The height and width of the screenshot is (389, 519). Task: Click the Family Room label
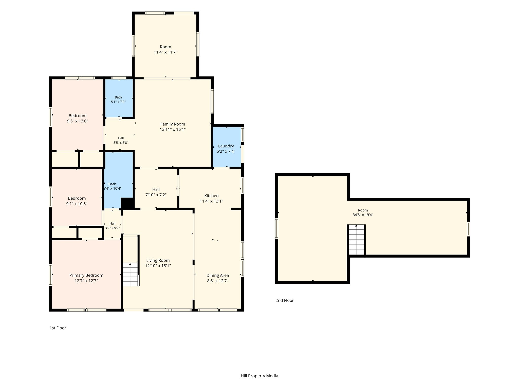point(173,124)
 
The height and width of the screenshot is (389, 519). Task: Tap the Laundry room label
point(226,146)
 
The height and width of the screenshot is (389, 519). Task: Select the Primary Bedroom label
point(86,275)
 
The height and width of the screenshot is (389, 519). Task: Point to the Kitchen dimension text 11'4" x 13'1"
point(211,201)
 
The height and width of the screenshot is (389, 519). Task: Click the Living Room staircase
point(131,275)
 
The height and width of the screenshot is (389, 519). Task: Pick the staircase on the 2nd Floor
point(356,240)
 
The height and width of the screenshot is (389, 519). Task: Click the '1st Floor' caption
point(58,328)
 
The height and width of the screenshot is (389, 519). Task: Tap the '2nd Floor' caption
point(285,300)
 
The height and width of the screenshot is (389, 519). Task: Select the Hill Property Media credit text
point(259,376)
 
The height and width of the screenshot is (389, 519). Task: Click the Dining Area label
point(218,275)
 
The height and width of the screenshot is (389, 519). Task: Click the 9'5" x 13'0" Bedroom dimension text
point(78,121)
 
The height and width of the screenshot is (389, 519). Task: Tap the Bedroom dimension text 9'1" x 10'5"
point(77,204)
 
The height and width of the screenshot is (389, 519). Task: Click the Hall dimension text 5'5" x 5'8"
point(121,143)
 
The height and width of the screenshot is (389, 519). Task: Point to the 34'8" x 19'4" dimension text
point(363,215)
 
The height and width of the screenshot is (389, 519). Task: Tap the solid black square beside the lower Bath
point(127,203)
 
